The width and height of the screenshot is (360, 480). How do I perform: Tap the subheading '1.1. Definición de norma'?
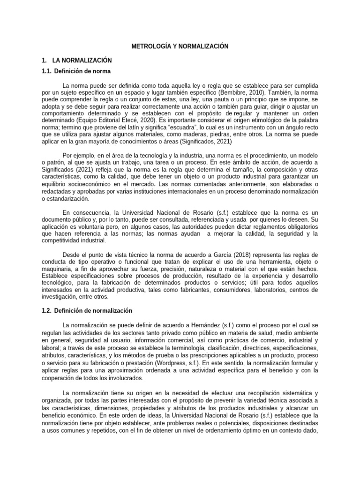point(82,71)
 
